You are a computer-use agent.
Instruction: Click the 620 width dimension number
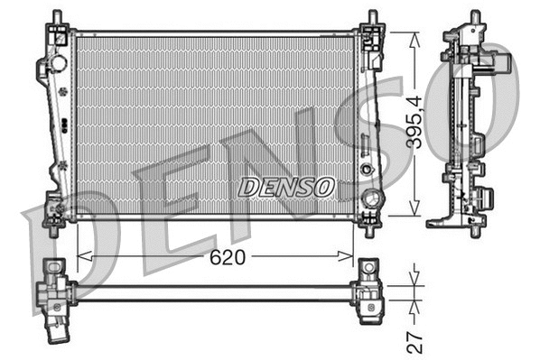(228, 257)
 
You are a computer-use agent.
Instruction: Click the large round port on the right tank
(370, 198)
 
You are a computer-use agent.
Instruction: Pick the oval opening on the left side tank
(60, 64)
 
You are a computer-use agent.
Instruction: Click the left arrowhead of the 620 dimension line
(82, 256)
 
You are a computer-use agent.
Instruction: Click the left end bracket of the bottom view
(55, 291)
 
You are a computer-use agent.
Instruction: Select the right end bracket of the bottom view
(370, 291)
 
